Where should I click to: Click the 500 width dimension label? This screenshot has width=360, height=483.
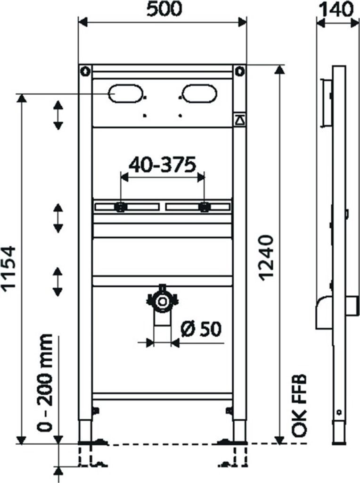tap(163, 10)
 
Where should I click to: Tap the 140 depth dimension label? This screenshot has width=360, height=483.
tap(335, 10)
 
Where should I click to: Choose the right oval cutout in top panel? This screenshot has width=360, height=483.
tap(200, 93)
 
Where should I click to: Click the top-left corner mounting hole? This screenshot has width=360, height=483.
tap(85, 72)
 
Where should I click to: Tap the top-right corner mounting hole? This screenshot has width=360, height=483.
tap(240, 72)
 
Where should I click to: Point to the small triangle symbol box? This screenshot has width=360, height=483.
tap(239, 120)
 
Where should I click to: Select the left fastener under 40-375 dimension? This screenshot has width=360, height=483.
tap(121, 207)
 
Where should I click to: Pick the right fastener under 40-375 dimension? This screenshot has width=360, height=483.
tap(204, 207)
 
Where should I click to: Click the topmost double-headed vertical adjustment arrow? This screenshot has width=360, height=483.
tap(58, 115)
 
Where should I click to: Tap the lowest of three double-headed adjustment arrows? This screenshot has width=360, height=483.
tap(58, 281)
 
